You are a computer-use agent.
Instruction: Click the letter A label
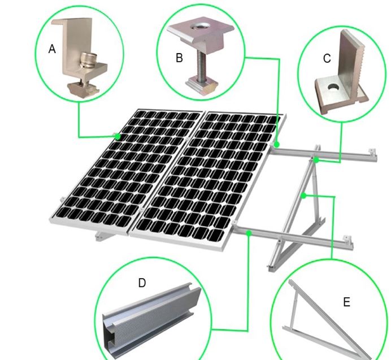point(52,49)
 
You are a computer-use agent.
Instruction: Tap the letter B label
point(179,58)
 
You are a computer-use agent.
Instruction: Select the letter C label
point(327,58)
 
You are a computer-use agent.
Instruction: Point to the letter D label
point(142,283)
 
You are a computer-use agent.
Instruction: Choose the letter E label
point(346,302)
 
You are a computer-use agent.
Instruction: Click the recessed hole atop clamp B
point(200,26)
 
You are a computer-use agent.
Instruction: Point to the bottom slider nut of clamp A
point(83,88)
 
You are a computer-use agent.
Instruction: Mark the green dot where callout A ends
point(118,136)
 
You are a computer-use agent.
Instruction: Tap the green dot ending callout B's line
point(276,145)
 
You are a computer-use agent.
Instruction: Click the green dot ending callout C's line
point(316,160)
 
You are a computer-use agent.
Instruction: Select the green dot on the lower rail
point(249,233)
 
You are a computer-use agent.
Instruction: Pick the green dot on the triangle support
point(303,196)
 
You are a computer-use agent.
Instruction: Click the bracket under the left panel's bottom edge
point(104,236)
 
